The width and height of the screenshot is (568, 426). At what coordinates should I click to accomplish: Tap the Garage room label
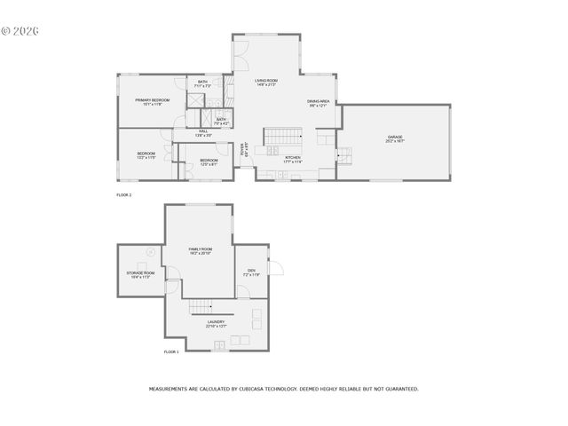(394, 138)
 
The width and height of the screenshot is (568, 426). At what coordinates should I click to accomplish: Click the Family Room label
(200, 251)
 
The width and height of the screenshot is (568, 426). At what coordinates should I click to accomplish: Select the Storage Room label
(140, 274)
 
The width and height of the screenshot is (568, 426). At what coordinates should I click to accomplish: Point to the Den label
(251, 272)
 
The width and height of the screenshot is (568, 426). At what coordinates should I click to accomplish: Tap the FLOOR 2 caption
(123, 194)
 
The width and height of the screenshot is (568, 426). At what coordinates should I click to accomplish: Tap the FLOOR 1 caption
(171, 352)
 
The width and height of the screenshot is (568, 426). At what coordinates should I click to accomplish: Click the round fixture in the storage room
(150, 251)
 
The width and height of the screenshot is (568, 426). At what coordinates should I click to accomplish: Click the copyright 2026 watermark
(20, 30)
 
